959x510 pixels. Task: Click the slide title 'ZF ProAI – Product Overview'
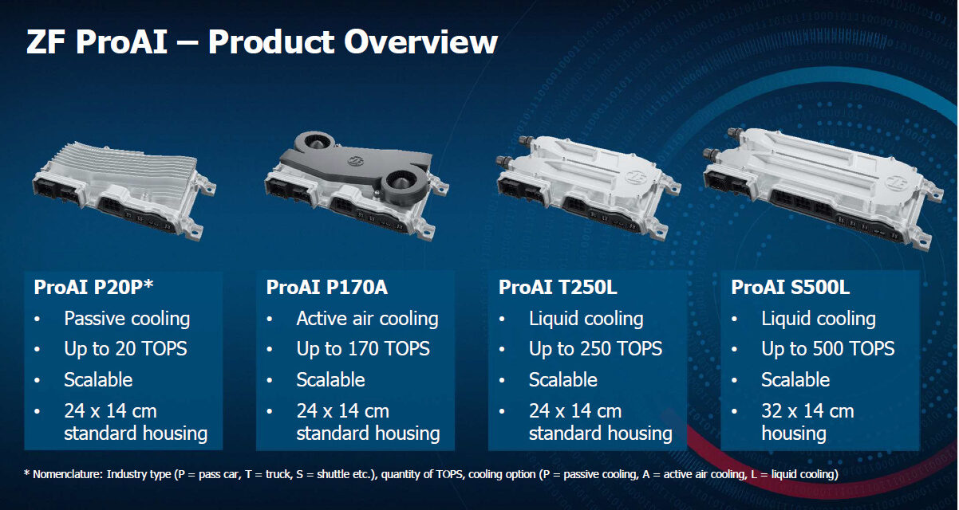click(262, 41)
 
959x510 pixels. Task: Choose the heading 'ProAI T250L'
click(558, 287)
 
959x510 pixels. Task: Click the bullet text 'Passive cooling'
click(127, 319)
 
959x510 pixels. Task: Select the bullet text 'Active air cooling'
click(367, 319)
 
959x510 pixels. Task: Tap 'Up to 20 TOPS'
click(125, 349)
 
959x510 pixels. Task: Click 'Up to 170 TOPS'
click(363, 349)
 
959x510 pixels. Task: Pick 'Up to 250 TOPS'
click(595, 349)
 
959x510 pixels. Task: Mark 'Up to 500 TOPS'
click(827, 349)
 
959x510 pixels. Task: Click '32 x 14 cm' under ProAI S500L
click(807, 411)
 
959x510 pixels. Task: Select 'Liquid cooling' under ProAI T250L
click(586, 319)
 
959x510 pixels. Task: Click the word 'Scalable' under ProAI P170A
click(330, 379)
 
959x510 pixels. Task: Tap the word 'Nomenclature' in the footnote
click(68, 474)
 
